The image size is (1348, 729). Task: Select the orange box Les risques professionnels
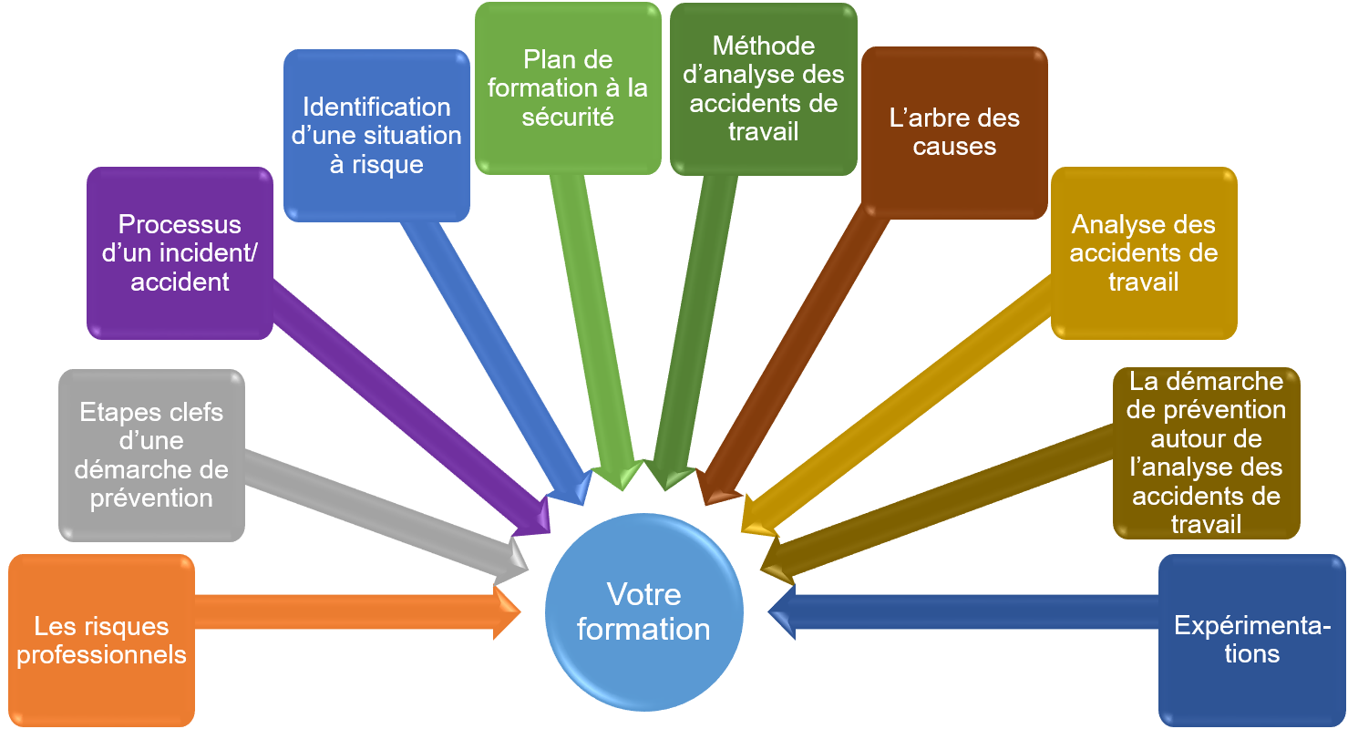101,640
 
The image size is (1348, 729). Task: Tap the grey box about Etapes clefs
151,455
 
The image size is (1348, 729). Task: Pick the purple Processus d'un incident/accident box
180,252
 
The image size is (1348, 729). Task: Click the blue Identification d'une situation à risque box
376,135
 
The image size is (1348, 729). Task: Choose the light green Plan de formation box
567,87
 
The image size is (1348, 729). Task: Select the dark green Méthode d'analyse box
763,88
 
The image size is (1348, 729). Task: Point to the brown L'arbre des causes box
954,132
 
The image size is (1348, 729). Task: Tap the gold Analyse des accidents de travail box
1143,252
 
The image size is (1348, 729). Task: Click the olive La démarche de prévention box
1206,452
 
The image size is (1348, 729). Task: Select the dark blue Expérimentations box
1251,640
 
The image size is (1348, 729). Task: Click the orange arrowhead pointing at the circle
506,612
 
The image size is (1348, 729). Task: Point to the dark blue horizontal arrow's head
782,611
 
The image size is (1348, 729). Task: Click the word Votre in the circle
643,595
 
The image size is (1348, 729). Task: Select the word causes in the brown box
954,147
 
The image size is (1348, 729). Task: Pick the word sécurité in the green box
567,117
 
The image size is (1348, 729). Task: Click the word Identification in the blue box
376,107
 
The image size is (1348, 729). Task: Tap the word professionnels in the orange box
101,654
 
